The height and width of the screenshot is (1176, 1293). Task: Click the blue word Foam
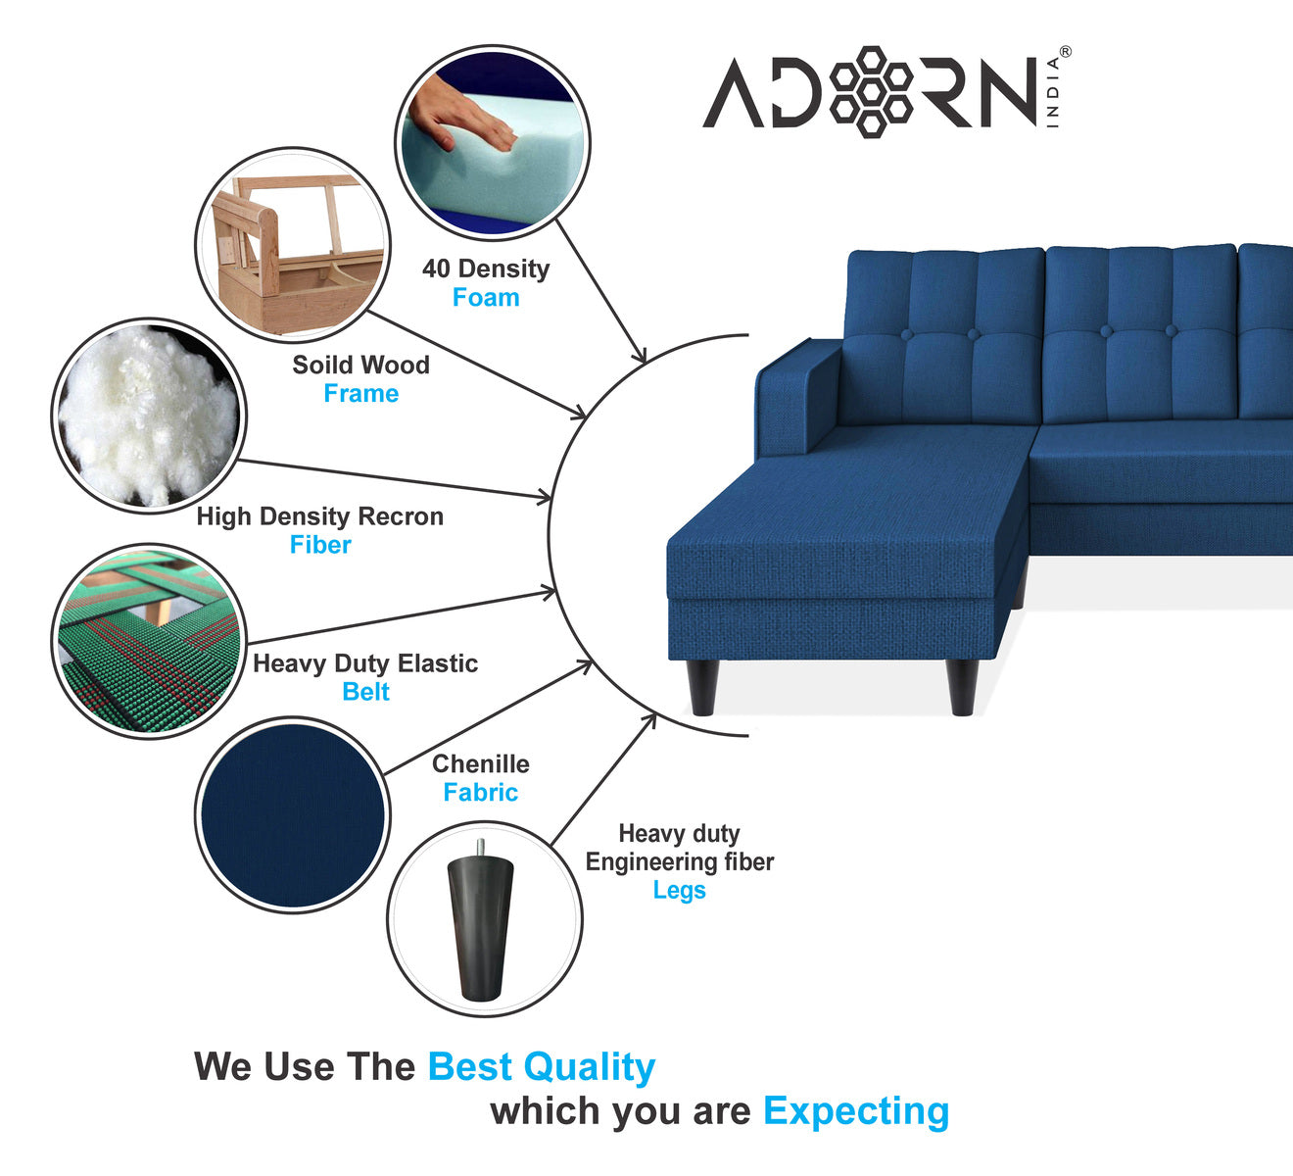486,297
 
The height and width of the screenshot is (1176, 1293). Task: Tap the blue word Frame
360,394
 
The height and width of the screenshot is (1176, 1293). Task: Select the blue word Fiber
320,545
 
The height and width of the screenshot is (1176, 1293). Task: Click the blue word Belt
365,692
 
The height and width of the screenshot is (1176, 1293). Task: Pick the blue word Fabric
480,792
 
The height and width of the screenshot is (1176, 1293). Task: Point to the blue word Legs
680,891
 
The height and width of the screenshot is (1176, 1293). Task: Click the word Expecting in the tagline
856,1112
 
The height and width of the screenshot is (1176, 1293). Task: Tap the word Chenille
481,763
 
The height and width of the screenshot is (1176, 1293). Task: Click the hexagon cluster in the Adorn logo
872,92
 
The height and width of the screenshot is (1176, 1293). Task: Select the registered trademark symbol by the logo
1065,52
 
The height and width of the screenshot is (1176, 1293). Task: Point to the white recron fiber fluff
148,416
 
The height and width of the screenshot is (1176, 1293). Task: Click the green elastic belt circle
149,641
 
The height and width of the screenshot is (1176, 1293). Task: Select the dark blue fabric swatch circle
292,815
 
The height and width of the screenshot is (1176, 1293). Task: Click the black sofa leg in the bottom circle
480,920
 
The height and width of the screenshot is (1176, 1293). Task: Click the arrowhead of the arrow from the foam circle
640,355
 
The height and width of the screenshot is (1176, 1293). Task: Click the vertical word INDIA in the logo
1052,93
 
